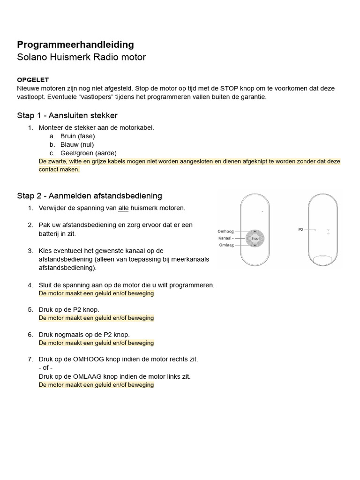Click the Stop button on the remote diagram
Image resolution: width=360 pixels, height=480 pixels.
point(255,239)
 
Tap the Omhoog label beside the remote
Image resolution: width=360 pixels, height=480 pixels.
point(225,231)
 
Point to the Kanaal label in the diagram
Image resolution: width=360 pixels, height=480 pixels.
point(225,238)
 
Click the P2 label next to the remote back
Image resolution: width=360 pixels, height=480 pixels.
point(300,230)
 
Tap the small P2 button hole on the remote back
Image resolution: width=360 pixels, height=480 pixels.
point(315,230)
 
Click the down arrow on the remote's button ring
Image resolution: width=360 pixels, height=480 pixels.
point(255,246)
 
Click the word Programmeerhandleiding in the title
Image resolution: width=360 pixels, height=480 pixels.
point(75,45)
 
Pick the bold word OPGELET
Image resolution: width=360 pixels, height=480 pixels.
point(33,80)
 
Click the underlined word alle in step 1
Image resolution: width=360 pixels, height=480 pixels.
point(123,208)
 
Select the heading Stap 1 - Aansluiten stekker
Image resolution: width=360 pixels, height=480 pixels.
point(67,115)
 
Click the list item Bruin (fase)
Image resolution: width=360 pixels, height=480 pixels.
point(77,136)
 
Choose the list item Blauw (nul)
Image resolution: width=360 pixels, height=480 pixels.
point(77,144)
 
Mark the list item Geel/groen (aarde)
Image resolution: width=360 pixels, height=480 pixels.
point(88,153)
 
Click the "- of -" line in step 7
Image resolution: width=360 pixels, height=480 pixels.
point(45,367)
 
